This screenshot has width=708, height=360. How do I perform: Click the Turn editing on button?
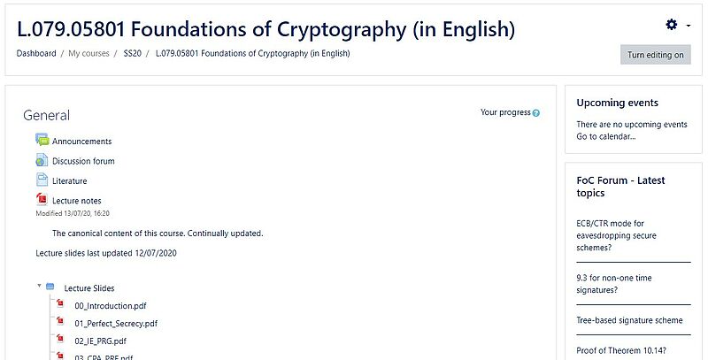coord(655,55)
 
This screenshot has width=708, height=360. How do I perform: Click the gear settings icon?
coord(672,25)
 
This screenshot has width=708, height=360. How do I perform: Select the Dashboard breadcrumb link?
coord(36,53)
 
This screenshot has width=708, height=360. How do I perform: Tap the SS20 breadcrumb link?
coord(132,53)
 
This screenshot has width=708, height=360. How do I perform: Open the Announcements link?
coord(81,142)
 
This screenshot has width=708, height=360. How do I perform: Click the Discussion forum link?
coord(83,161)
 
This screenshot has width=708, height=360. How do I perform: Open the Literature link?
coord(70,181)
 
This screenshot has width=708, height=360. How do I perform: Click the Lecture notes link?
coord(77,201)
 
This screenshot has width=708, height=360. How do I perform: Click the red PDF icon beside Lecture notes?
coord(42,199)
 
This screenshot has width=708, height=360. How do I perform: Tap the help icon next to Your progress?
coord(536,113)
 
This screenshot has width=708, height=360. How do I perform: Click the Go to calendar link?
coord(606,136)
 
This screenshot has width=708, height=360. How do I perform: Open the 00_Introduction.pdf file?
coord(111,306)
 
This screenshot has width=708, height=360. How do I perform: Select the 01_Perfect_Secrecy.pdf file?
coord(116,324)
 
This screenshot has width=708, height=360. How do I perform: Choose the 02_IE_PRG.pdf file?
coord(100,341)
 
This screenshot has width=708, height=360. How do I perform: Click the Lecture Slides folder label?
coord(89,288)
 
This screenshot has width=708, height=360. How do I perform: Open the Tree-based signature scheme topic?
coord(629,320)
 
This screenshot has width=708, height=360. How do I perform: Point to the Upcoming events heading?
coord(617,103)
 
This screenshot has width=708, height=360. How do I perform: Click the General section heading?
coord(47,116)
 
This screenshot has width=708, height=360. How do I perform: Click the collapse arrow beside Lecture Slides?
coord(39,286)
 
